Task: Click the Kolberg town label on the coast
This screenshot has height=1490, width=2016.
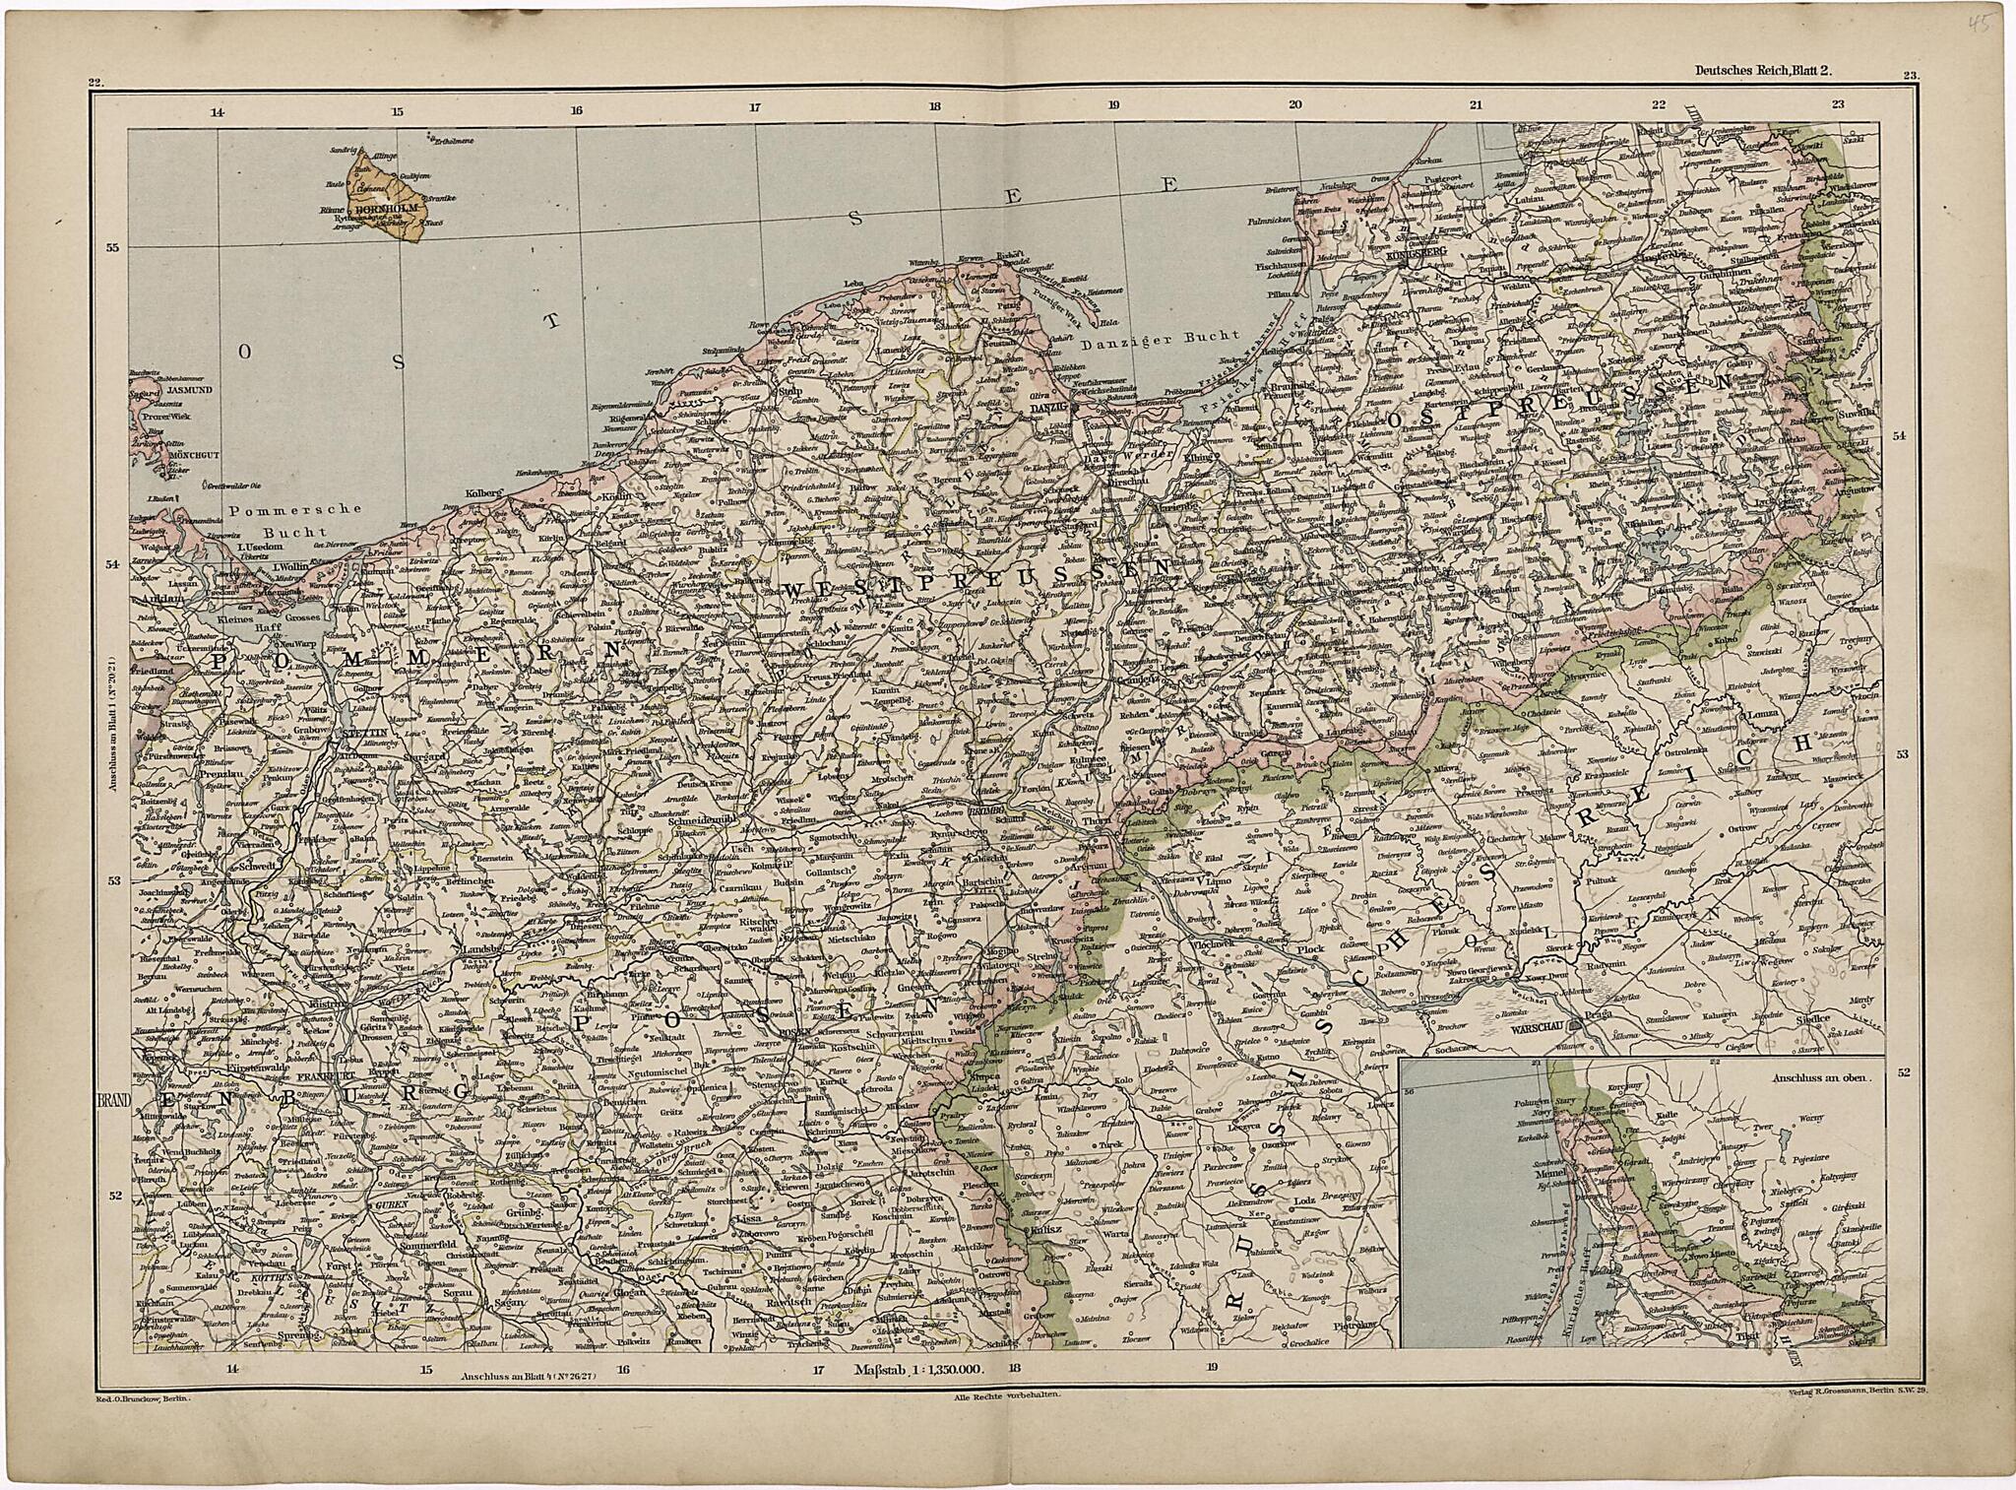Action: point(484,490)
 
